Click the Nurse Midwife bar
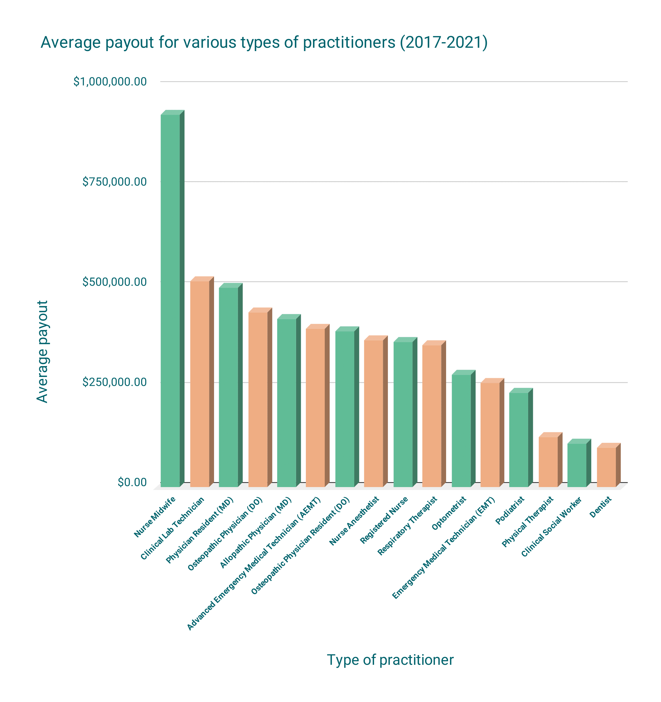pos(170,300)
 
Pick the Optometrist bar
pos(461,430)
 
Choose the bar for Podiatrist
pos(518,439)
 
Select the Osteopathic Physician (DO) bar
pos(258,399)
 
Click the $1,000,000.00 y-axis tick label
pos(110,81)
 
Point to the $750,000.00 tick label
pos(115,182)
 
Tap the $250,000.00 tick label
pos(115,382)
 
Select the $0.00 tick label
pos(132,482)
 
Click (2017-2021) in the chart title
pos(443,43)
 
